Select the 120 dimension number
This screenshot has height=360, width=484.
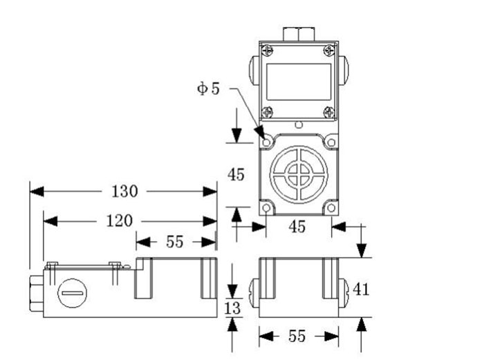tap(119, 221)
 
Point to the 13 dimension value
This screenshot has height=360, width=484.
tap(233, 307)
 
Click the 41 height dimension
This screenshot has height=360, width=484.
tap(361, 289)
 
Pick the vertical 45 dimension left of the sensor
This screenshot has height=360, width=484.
tap(236, 175)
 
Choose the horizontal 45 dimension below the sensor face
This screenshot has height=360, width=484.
tap(297, 227)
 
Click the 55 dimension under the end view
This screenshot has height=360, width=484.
tap(297, 337)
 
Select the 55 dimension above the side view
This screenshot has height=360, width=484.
tap(175, 241)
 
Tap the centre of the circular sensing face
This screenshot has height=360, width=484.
tap(299, 174)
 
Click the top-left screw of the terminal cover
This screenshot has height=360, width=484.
tap(268, 50)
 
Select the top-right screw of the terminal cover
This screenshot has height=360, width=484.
tap(329, 50)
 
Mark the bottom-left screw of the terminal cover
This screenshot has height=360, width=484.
tap(268, 112)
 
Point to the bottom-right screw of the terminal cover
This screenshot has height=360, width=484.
tap(329, 112)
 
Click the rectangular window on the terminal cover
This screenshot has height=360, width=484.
tap(298, 82)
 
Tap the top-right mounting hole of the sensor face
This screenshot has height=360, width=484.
tap(331, 142)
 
